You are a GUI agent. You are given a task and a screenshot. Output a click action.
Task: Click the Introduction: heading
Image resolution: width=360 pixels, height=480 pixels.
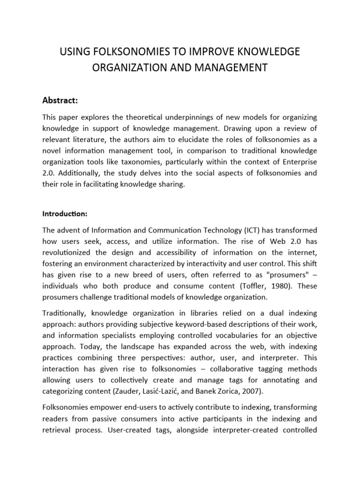(x=65, y=213)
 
